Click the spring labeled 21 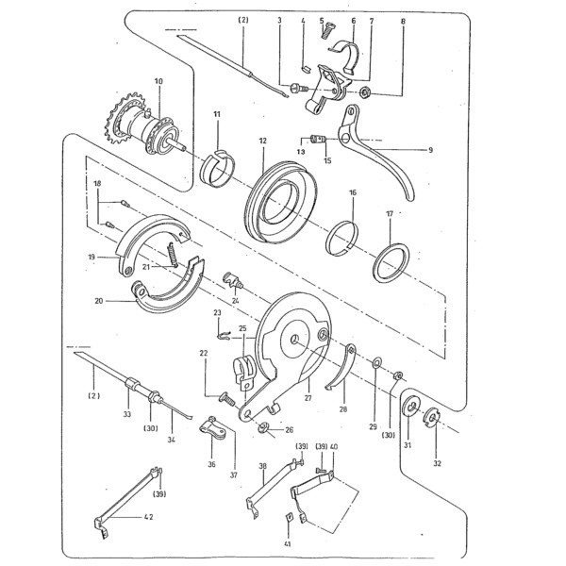[x=173, y=255]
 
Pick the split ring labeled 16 [x=342, y=239]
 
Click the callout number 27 [x=308, y=398]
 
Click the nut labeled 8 [x=365, y=92]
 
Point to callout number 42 [x=149, y=517]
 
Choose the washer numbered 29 [x=376, y=361]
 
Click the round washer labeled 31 [x=410, y=407]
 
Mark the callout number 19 [x=92, y=257]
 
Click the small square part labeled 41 [x=289, y=517]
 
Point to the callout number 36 [x=211, y=464]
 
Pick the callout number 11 [x=217, y=114]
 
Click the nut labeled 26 [x=264, y=428]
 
